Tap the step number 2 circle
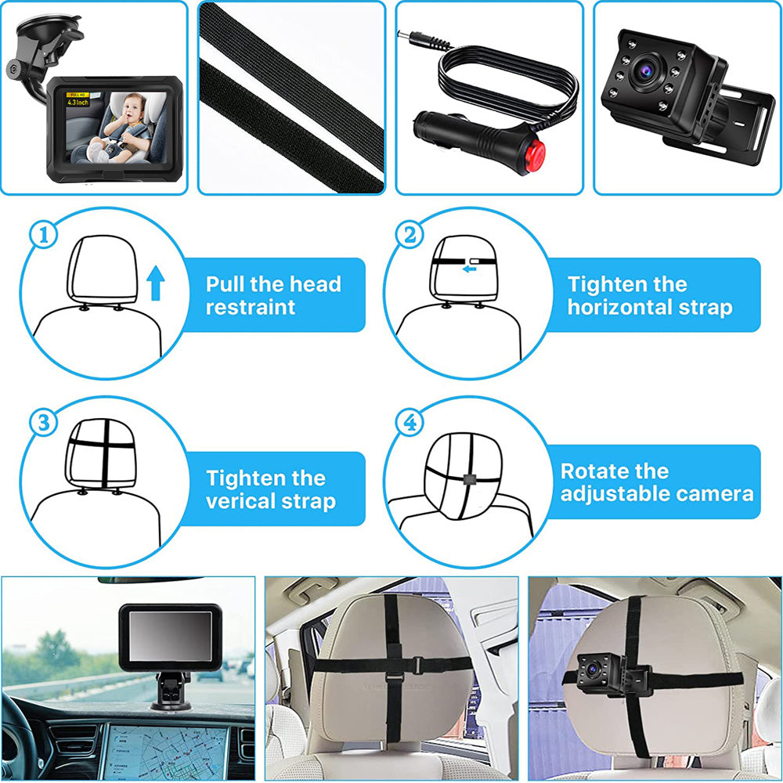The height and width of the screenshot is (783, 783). click(410, 235)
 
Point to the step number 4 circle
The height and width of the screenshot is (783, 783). click(410, 424)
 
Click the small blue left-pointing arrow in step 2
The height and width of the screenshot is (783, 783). click(469, 269)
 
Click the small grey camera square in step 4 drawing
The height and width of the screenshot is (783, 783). click(467, 480)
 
